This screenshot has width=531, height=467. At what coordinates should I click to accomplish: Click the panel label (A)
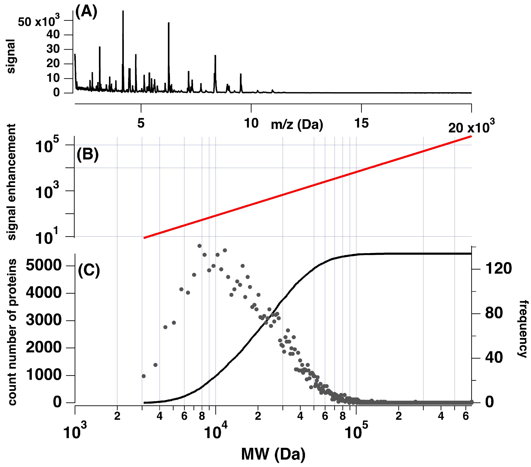pos(86,12)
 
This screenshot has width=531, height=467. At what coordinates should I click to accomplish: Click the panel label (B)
pos(88,155)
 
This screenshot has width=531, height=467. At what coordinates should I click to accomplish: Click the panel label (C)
pos(89,271)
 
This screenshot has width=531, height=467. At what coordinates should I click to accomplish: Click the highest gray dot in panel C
pos(199,246)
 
